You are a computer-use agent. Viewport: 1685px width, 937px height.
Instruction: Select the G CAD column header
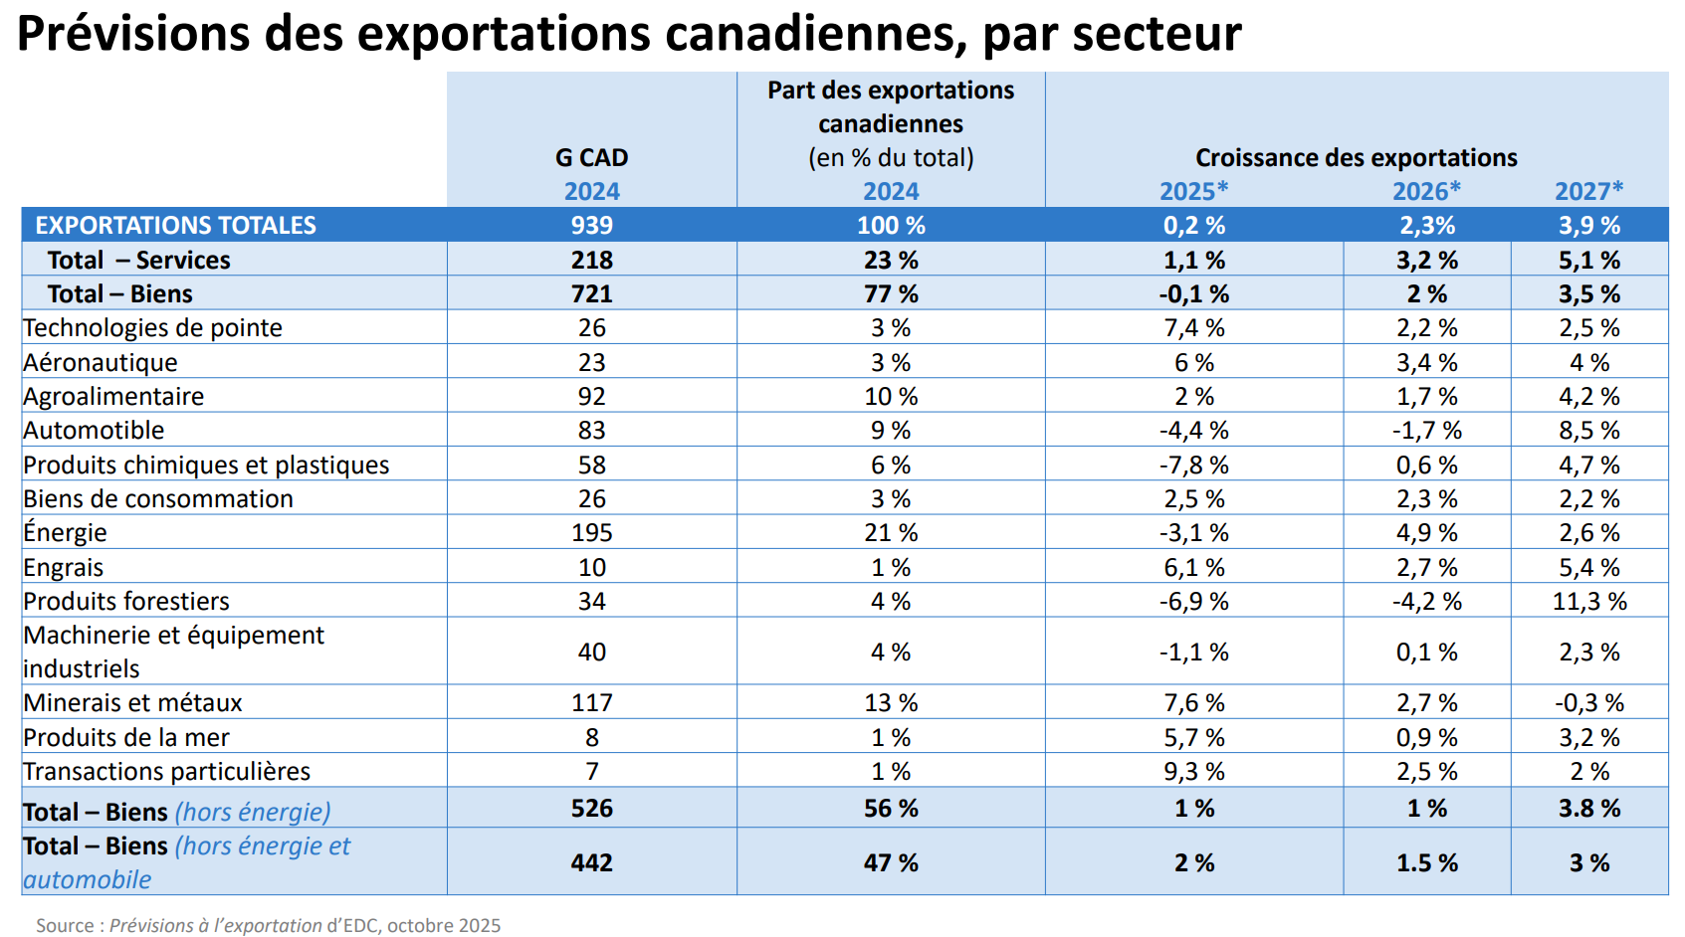coord(591,157)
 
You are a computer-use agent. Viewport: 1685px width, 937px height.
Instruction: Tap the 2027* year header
coord(1588,191)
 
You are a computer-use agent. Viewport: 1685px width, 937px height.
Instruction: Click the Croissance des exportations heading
coord(1356,157)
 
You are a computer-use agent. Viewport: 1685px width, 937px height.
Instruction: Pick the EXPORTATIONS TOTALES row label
coord(175,225)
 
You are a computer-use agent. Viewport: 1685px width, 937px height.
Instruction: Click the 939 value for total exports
coord(591,225)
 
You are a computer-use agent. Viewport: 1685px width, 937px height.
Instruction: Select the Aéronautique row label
coord(101,362)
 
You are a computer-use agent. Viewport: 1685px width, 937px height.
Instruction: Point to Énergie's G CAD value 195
coord(591,532)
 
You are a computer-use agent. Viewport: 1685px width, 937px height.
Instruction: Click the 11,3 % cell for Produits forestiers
coord(1588,601)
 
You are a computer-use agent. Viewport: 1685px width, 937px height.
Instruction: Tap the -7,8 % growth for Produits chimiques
coord(1193,465)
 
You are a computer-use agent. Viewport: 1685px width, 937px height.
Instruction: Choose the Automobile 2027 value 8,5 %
coord(1588,430)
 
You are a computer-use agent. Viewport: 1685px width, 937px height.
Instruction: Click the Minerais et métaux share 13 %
coord(890,702)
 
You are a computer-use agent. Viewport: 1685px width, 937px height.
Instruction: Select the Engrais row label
coord(64,567)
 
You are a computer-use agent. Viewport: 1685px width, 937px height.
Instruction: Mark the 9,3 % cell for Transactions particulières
coord(1193,771)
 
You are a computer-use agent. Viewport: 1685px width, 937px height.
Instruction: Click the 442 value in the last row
coord(591,862)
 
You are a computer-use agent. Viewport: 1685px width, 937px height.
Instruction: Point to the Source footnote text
coord(269,925)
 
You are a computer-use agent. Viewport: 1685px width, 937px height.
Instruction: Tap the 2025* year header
coord(1193,191)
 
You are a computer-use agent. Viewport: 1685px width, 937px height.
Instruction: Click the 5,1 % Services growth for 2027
coord(1588,260)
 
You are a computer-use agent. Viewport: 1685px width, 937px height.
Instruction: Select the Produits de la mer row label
coord(126,737)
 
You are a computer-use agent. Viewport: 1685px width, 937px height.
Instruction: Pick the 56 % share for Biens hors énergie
coord(890,808)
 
